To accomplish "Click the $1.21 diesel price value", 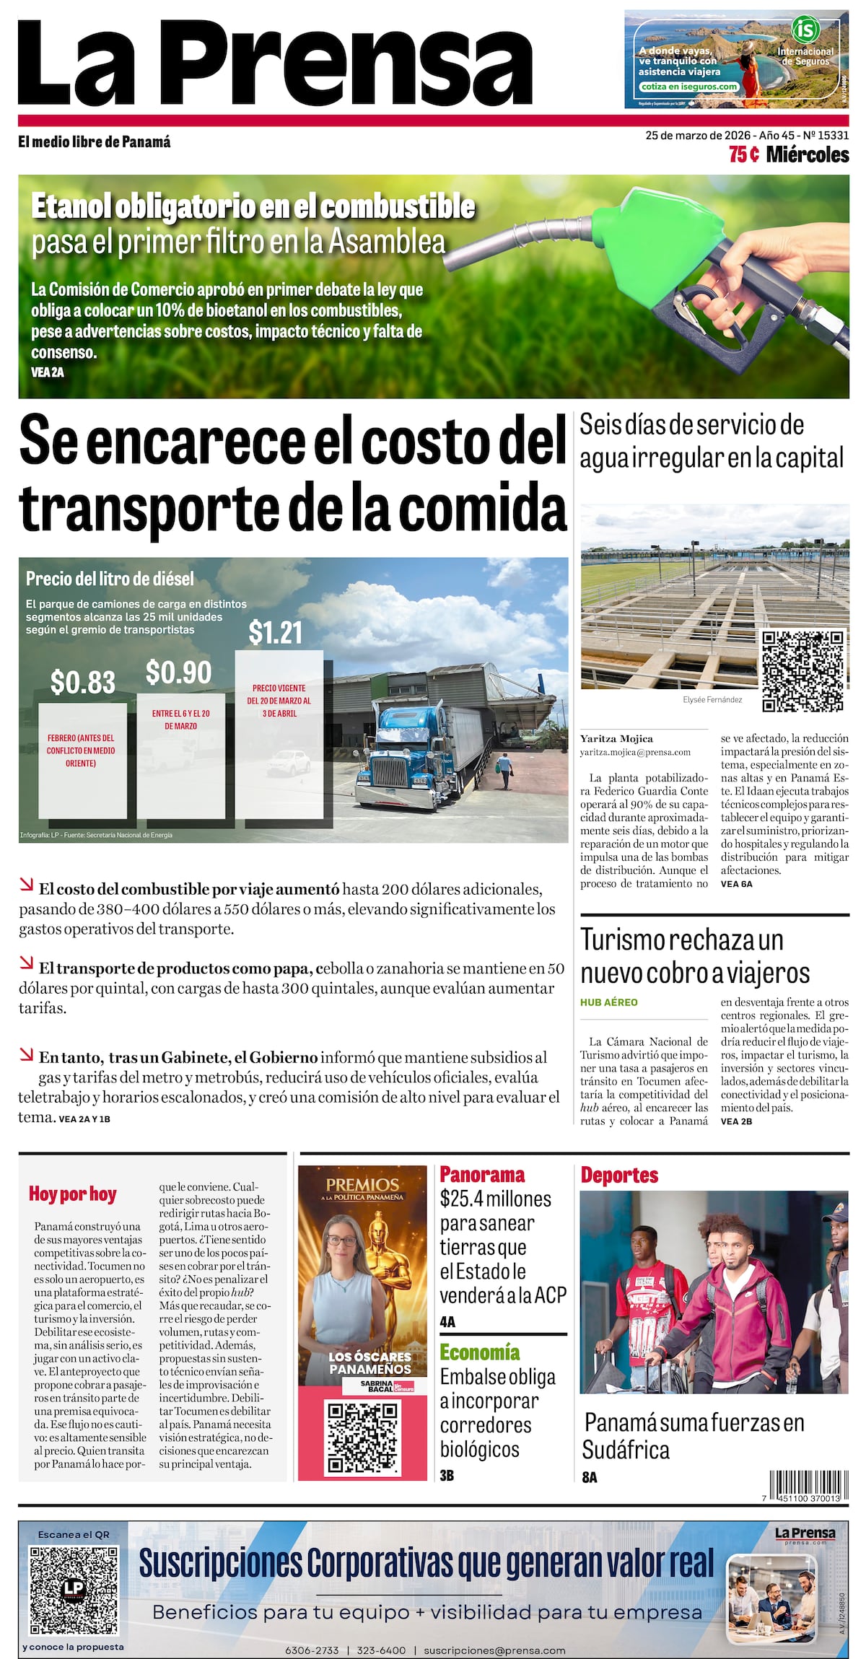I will [x=275, y=632].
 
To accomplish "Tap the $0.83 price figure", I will [x=82, y=682].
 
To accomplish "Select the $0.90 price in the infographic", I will [x=178, y=673].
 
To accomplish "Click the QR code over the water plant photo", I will [x=802, y=671].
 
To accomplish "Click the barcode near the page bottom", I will [x=805, y=1487].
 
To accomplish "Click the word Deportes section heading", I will [x=619, y=1175].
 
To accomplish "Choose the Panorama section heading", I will [x=482, y=1174].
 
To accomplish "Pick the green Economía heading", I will [x=479, y=1352].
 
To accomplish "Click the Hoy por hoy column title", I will [x=72, y=1194].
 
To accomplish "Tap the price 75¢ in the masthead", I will [x=743, y=154].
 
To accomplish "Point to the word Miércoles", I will [x=807, y=154].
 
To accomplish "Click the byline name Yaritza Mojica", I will [x=616, y=738].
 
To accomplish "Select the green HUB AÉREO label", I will [x=608, y=1002].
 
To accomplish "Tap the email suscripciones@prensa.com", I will [x=494, y=1650].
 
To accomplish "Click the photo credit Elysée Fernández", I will [x=712, y=699].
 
